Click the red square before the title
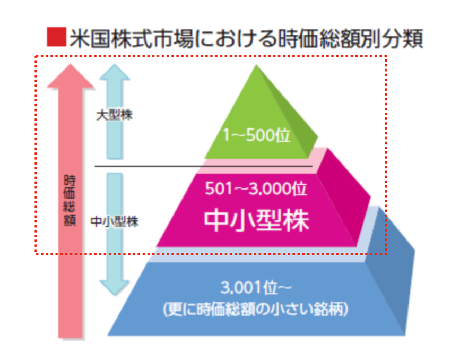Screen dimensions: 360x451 click(x=56, y=38)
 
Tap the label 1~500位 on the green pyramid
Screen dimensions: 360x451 click(x=257, y=136)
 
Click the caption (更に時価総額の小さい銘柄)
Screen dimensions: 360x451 click(x=256, y=308)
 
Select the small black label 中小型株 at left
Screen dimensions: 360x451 click(x=115, y=221)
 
